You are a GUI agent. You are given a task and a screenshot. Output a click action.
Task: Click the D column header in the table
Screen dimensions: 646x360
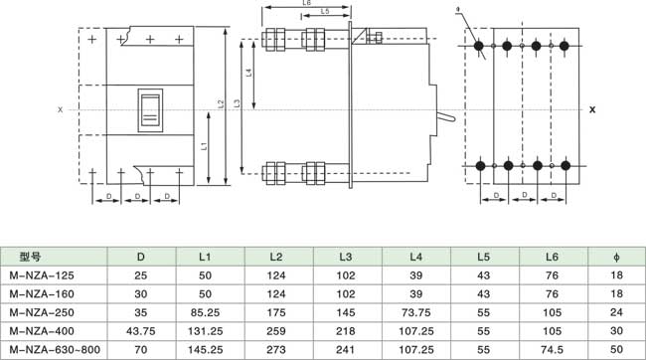point(141,257)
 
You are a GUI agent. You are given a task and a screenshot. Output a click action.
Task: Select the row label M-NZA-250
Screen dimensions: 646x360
point(42,312)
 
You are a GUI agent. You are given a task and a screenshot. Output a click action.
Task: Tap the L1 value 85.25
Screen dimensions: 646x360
point(205,312)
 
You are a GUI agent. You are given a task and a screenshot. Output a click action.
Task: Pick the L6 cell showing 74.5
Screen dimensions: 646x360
point(552,350)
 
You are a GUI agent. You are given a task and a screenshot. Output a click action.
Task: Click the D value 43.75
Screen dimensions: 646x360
point(141,331)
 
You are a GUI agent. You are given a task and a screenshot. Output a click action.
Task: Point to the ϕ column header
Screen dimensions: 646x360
point(616,257)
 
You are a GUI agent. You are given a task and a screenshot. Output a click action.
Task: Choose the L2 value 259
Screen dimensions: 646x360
point(276,331)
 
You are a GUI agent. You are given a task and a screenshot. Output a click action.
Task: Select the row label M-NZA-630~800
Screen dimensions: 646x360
point(55,350)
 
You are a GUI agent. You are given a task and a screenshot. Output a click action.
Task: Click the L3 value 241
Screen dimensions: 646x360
point(345,350)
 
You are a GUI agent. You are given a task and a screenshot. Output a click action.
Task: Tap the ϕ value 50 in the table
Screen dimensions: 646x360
point(616,350)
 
